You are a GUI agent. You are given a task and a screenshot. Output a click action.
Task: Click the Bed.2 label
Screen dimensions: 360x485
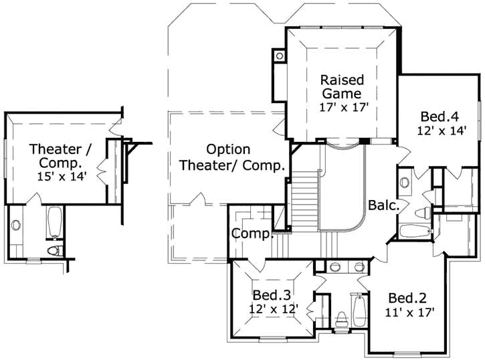(407, 298)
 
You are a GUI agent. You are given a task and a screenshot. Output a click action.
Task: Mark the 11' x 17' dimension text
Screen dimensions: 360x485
(410, 312)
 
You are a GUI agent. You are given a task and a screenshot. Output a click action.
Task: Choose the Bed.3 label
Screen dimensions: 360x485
(271, 295)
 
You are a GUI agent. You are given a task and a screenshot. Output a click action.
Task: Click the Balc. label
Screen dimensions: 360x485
(383, 205)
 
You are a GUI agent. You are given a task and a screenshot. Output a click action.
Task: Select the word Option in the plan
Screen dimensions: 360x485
(228, 149)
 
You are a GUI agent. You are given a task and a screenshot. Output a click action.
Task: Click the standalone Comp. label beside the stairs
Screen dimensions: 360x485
(252, 234)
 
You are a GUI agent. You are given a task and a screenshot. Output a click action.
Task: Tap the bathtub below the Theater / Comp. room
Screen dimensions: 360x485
(56, 223)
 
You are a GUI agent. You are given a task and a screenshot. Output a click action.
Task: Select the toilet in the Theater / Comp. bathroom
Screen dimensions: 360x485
(56, 250)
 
